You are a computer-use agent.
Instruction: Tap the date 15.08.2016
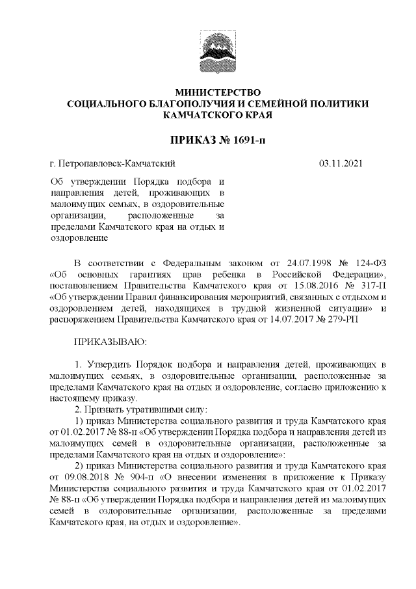[305, 286]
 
